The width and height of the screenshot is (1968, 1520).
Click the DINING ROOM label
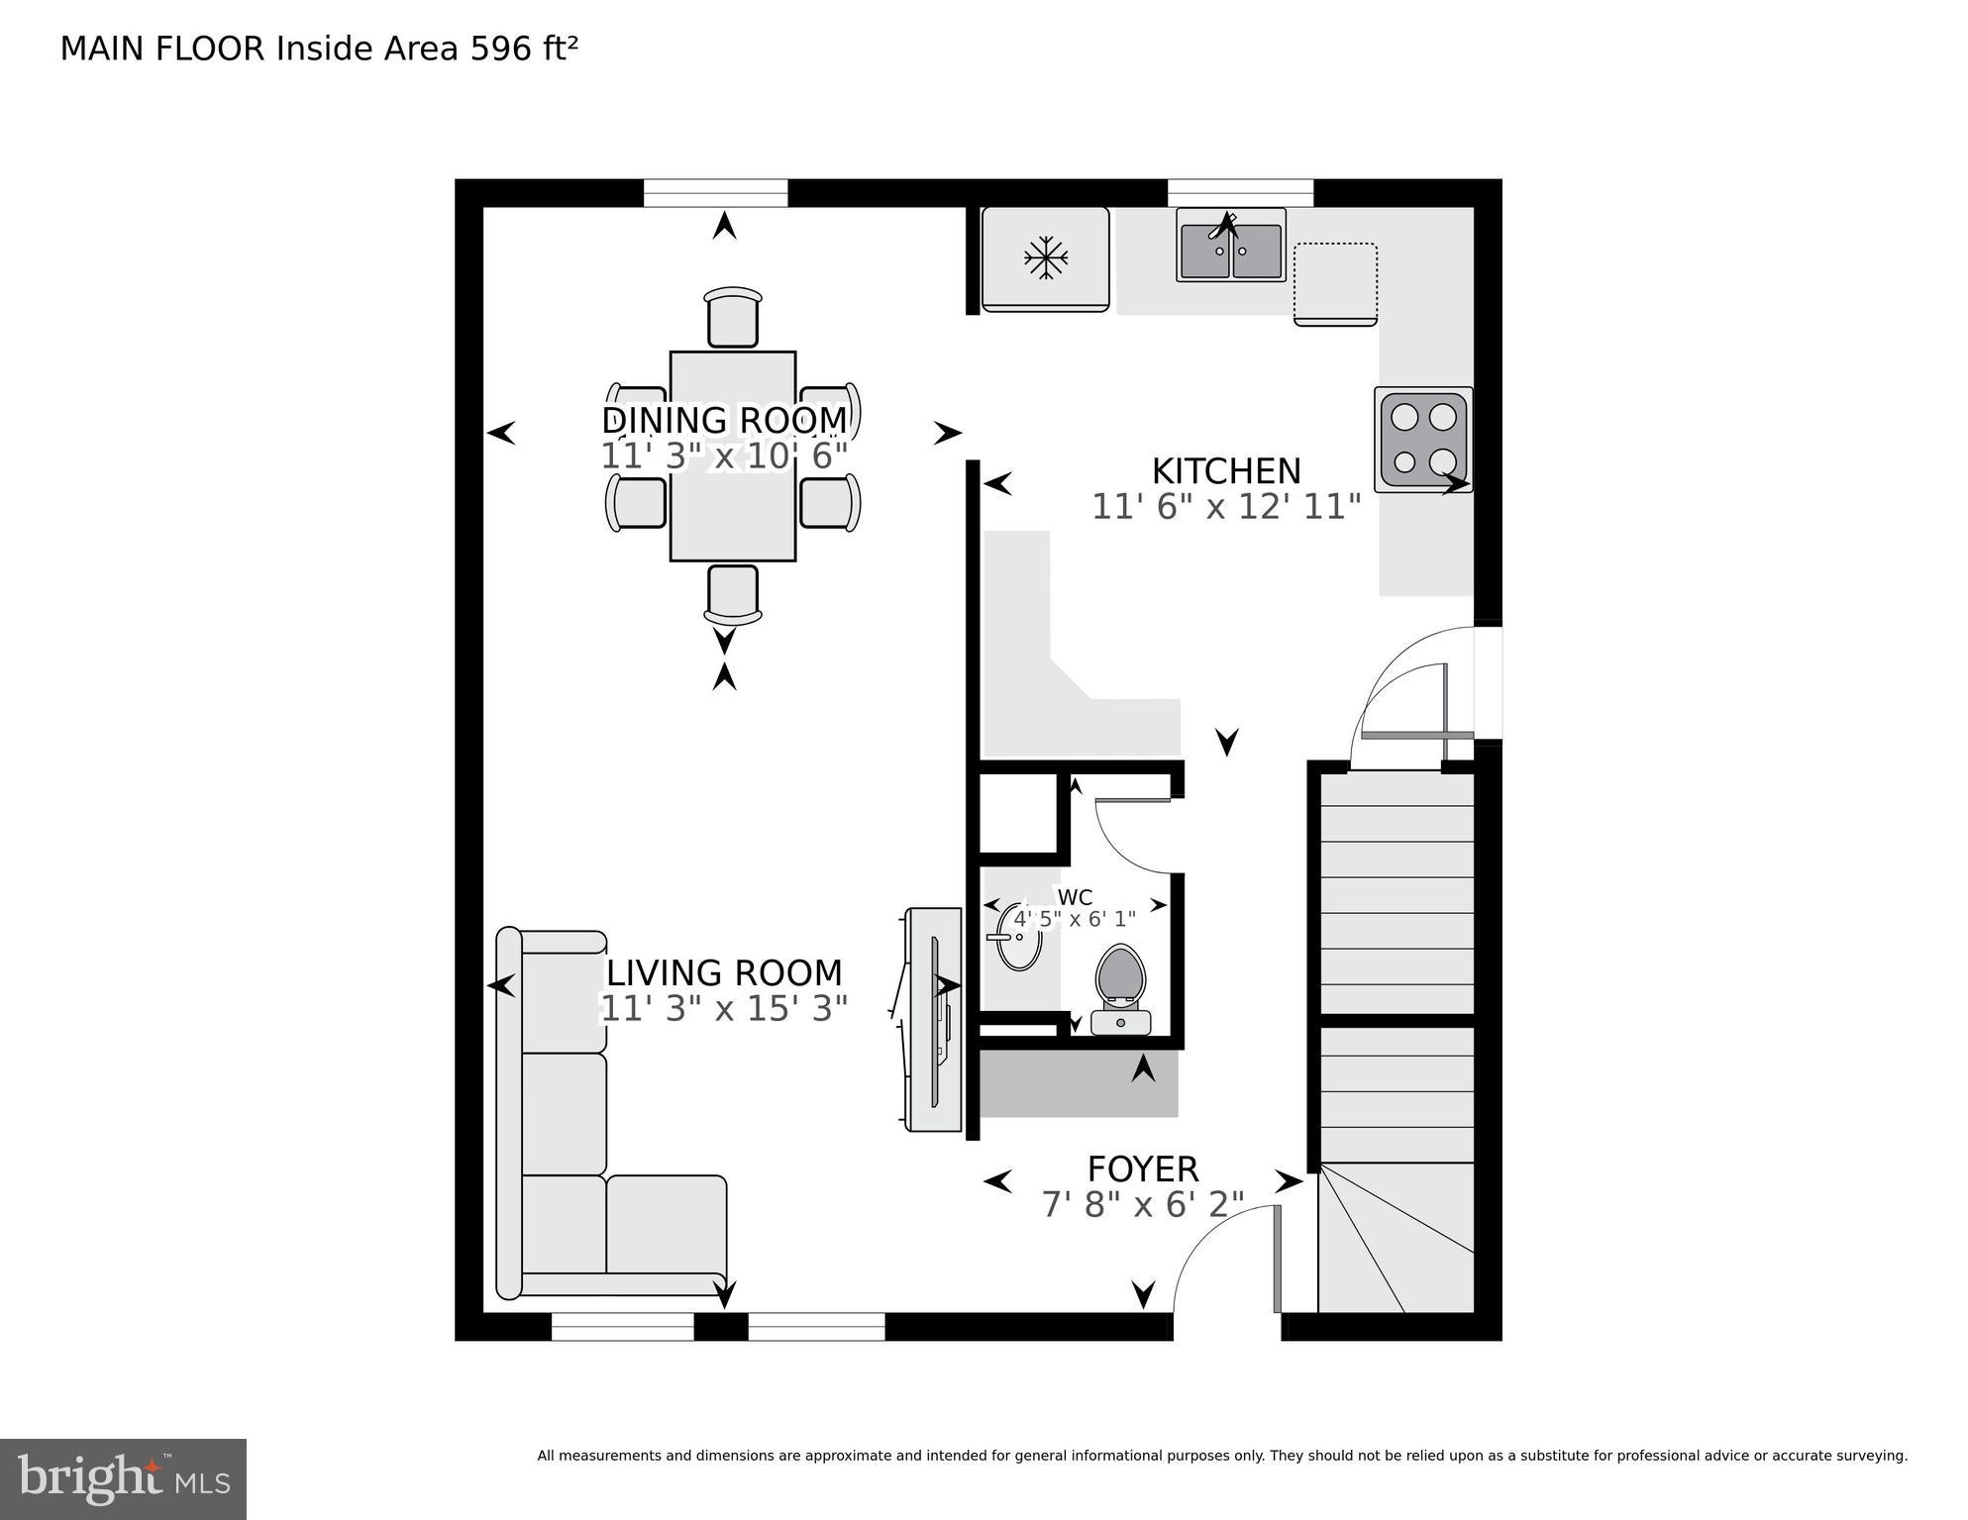[724, 420]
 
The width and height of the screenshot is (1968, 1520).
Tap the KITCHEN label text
[1226, 470]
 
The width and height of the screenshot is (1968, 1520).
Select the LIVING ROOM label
[724, 972]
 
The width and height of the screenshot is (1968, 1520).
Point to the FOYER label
[1143, 1169]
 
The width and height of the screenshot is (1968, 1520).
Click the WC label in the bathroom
[1075, 897]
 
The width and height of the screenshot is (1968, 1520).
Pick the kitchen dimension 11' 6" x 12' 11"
[1226, 507]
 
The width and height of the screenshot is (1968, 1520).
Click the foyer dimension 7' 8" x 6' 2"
[1143, 1205]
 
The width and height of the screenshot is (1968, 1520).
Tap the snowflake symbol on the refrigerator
[1046, 259]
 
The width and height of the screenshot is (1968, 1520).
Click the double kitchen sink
[1231, 248]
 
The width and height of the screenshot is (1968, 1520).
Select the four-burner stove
[1423, 439]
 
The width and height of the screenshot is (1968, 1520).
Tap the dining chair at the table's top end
[733, 317]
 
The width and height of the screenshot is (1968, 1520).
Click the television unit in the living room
[934, 1020]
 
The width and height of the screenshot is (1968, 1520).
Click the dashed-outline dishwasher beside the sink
[1335, 283]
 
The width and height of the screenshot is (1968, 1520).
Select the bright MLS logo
[123, 1478]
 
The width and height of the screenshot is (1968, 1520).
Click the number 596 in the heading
[501, 49]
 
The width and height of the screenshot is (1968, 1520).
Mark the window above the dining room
[715, 193]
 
